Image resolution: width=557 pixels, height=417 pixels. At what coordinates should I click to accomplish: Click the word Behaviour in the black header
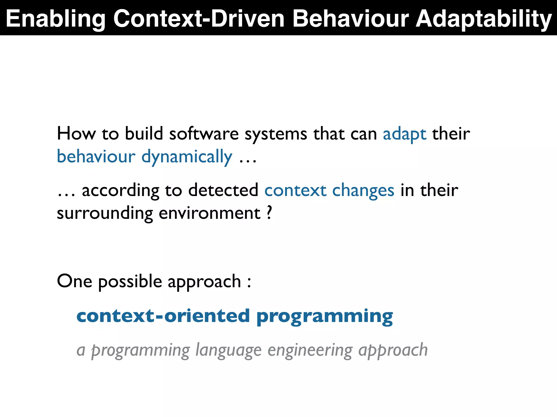click(351, 18)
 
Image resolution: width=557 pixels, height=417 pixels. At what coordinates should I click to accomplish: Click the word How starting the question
click(76, 134)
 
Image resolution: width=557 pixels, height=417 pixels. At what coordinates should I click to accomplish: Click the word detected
click(223, 190)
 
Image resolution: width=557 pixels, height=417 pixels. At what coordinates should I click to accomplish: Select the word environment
click(210, 213)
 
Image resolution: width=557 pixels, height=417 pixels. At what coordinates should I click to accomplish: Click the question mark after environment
click(269, 213)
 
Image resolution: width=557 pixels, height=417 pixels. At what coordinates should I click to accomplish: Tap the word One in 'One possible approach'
click(74, 281)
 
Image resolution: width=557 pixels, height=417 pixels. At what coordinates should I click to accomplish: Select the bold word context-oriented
click(163, 316)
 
